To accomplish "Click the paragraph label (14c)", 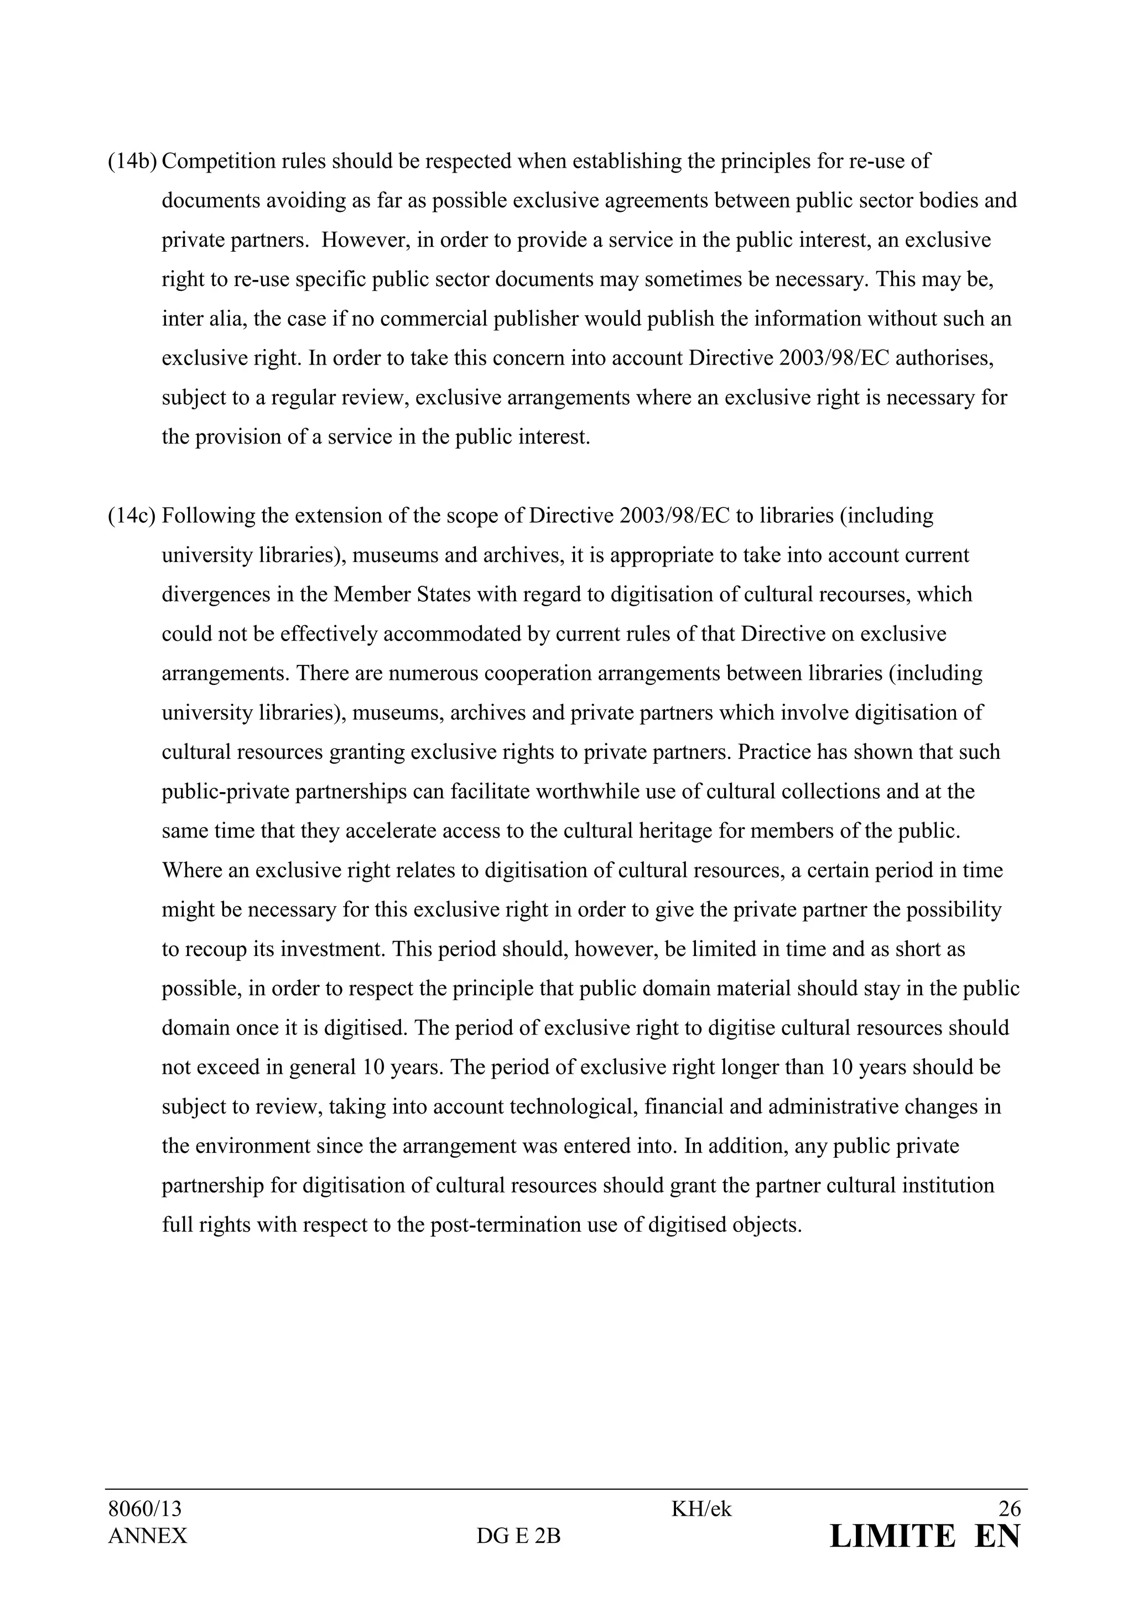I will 132,516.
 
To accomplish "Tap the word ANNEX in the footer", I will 147,1536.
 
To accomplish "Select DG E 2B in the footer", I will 518,1536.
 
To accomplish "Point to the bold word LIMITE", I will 892,1536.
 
